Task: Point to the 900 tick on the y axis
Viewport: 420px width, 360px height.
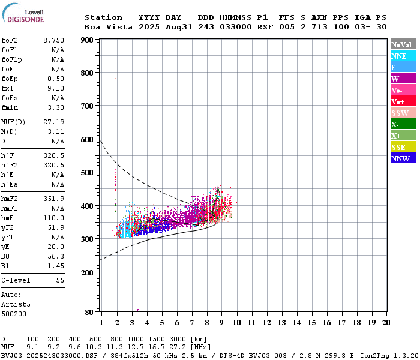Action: tap(86, 40)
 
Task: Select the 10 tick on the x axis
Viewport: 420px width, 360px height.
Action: tap(236, 323)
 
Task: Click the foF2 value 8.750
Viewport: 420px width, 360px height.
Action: tap(53, 40)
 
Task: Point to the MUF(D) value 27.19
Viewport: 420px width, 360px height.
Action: tap(53, 121)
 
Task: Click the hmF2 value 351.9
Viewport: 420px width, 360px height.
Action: tap(53, 199)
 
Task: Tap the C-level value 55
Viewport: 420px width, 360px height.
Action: tap(59, 280)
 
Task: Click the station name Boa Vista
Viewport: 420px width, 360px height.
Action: tap(106, 27)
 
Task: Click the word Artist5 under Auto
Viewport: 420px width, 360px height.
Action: tap(16, 304)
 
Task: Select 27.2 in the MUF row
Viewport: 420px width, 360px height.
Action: tap(179, 347)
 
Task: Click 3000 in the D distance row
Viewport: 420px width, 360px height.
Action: tap(179, 339)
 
